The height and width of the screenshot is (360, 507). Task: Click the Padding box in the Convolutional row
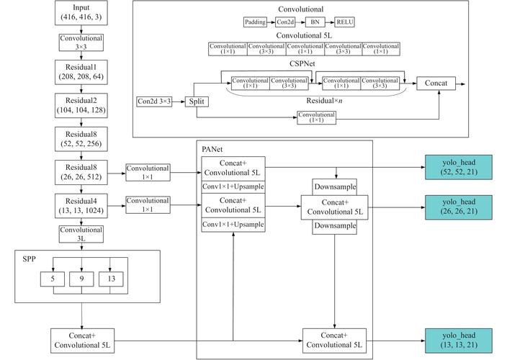tap(255, 22)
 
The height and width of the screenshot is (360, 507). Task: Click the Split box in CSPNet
tap(197, 102)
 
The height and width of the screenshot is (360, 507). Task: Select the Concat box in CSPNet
tap(436, 84)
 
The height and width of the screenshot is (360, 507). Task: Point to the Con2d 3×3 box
tap(154, 102)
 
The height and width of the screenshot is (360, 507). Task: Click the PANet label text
tap(212, 148)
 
